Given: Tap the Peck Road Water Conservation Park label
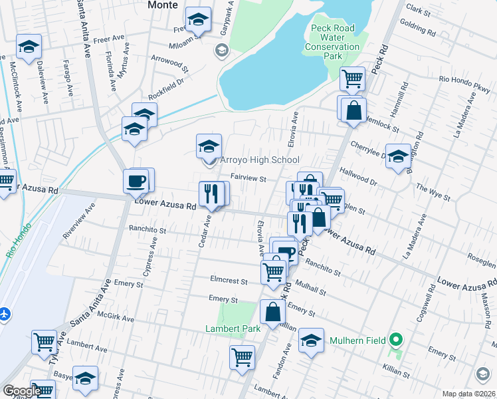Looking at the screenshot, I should click(332, 43).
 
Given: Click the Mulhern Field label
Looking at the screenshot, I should click(358, 341).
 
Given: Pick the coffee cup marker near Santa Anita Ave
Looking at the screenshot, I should click(136, 181).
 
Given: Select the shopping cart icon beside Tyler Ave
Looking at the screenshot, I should click(45, 342).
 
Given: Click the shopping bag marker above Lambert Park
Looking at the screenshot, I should click(273, 311).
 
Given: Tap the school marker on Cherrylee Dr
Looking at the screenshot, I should click(398, 157).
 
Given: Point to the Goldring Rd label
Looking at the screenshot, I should click(419, 30).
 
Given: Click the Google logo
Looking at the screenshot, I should click(21, 391).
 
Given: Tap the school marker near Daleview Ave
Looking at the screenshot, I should click(29, 47).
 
